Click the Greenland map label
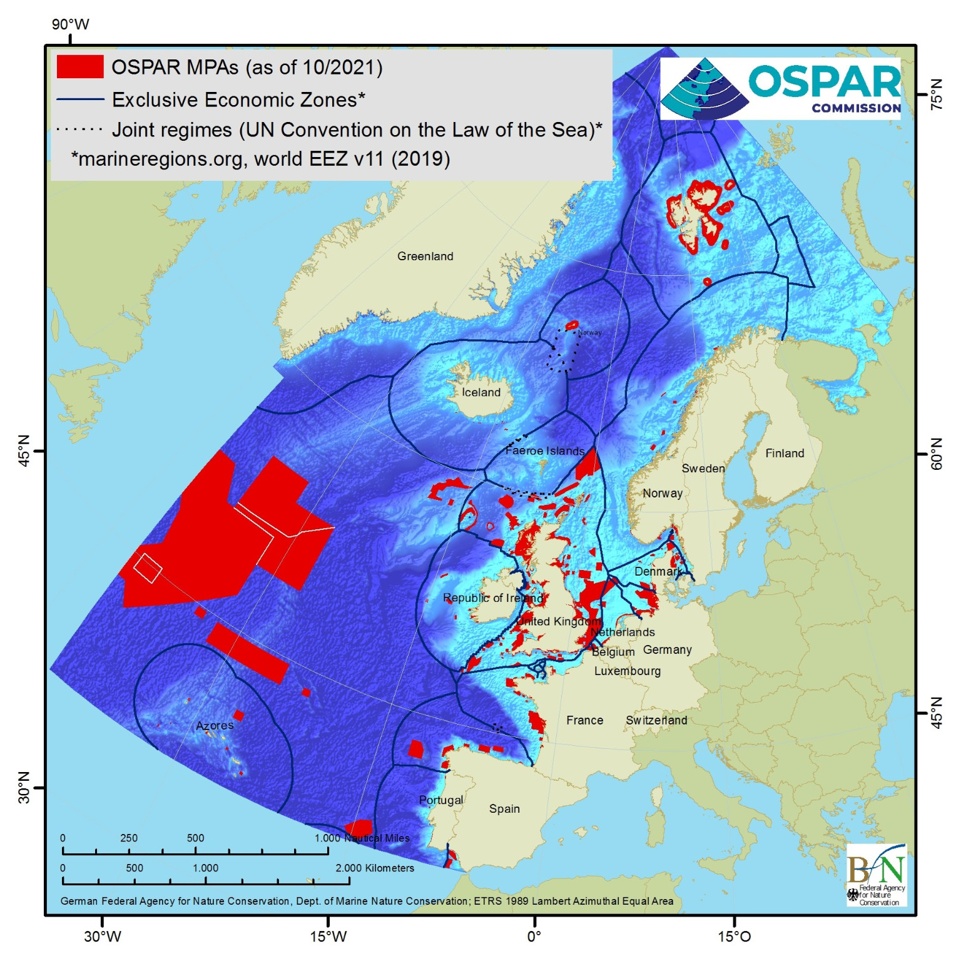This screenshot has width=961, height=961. pyautogui.click(x=425, y=256)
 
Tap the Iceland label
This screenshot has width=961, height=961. pyautogui.click(x=480, y=392)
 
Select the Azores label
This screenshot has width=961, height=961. pyautogui.click(x=214, y=725)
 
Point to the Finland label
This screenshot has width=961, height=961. pyautogui.click(x=785, y=453)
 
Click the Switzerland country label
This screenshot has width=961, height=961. pyautogui.click(x=656, y=720)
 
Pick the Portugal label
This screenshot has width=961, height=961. pyautogui.click(x=440, y=800)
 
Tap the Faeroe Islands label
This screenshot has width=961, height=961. pyautogui.click(x=544, y=450)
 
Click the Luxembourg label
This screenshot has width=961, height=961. pyautogui.click(x=627, y=671)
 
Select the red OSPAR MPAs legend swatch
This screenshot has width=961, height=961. pyautogui.click(x=79, y=66)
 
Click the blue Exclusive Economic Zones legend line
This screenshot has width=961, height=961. pyautogui.click(x=79, y=99)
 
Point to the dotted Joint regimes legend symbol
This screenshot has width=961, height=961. pyautogui.click(x=79, y=130)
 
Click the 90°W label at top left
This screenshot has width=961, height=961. pyautogui.click(x=70, y=24)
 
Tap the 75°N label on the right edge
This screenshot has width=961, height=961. pyautogui.click(x=936, y=94)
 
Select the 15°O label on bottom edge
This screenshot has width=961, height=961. pyautogui.click(x=734, y=936)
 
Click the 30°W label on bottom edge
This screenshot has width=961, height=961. pyautogui.click(x=103, y=936)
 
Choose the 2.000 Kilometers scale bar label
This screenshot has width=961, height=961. pyautogui.click(x=375, y=868)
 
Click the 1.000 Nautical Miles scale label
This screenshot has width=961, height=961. pyautogui.click(x=362, y=838)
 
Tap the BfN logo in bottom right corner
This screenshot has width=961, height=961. pyautogui.click(x=876, y=874)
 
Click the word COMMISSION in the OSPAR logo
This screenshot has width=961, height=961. pyautogui.click(x=856, y=108)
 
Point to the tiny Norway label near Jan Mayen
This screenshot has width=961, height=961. pyautogui.click(x=589, y=332)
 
